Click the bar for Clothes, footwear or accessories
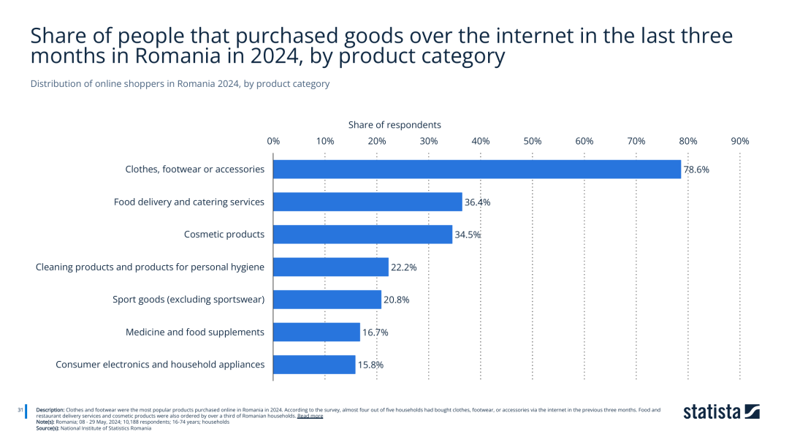tap(477, 170)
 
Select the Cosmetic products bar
tap(363, 235)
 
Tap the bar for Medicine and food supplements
tap(317, 332)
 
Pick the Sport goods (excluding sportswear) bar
tap(327, 300)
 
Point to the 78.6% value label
tap(696, 170)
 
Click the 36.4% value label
tap(477, 202)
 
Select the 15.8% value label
tap(370, 365)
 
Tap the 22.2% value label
tap(403, 267)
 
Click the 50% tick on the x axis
tap(533, 141)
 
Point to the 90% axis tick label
tap(739, 141)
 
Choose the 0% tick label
tap(274, 141)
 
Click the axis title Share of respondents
tap(394, 125)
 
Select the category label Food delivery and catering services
tap(189, 202)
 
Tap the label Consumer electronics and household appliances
tap(160, 365)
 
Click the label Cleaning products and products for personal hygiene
tap(150, 267)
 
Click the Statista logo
tap(721, 412)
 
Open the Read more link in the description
tap(310, 416)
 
